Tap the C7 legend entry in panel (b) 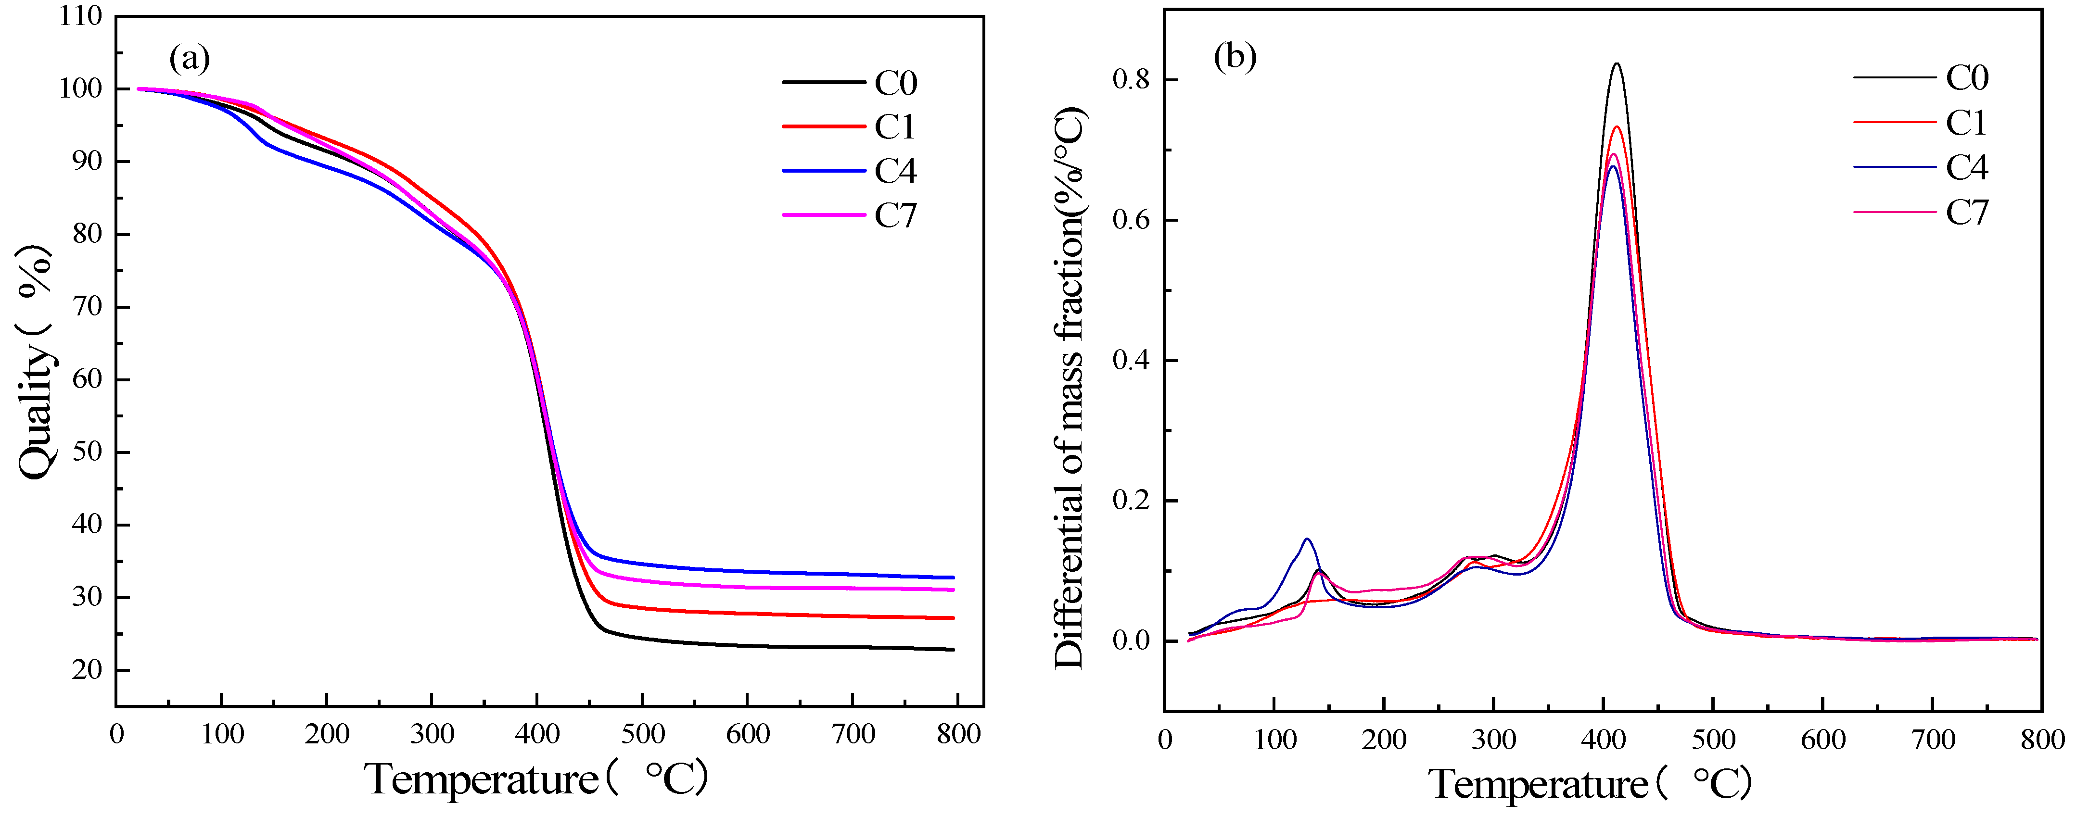(1966, 213)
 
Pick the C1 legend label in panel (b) (1966, 123)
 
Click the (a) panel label (190, 58)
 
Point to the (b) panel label (1235, 56)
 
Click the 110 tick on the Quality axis (81, 16)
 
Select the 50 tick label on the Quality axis (86, 452)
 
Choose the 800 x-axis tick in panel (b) (2040, 740)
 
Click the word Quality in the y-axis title (36, 411)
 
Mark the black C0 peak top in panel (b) (1616, 63)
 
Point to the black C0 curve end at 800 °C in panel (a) (954, 649)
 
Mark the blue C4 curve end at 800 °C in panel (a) (954, 577)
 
